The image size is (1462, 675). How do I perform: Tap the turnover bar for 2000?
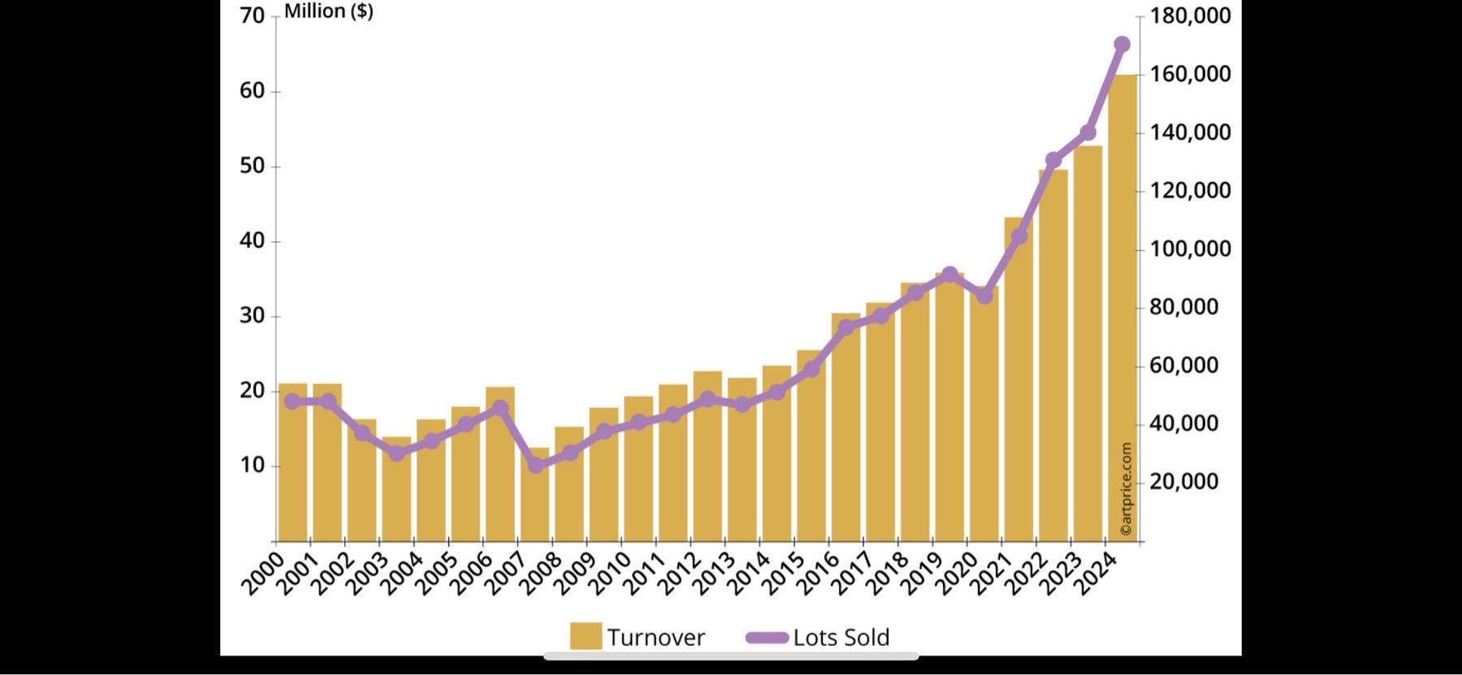tap(292, 463)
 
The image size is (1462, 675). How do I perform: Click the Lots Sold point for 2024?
tap(1122, 45)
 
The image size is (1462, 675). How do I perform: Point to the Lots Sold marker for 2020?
tap(984, 296)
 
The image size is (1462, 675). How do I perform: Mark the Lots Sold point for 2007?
tap(535, 465)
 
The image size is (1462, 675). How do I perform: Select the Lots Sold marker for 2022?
tap(1053, 160)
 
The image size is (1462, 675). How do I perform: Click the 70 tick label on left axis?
tap(253, 15)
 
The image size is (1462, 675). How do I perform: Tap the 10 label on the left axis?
tap(253, 465)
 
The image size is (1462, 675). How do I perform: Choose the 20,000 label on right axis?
tap(1184, 482)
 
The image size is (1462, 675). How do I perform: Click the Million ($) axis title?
tap(328, 11)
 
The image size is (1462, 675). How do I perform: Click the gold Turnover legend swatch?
tap(586, 637)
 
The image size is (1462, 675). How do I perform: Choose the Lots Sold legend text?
tap(841, 638)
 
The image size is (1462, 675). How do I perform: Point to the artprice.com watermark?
tap(1126, 489)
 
